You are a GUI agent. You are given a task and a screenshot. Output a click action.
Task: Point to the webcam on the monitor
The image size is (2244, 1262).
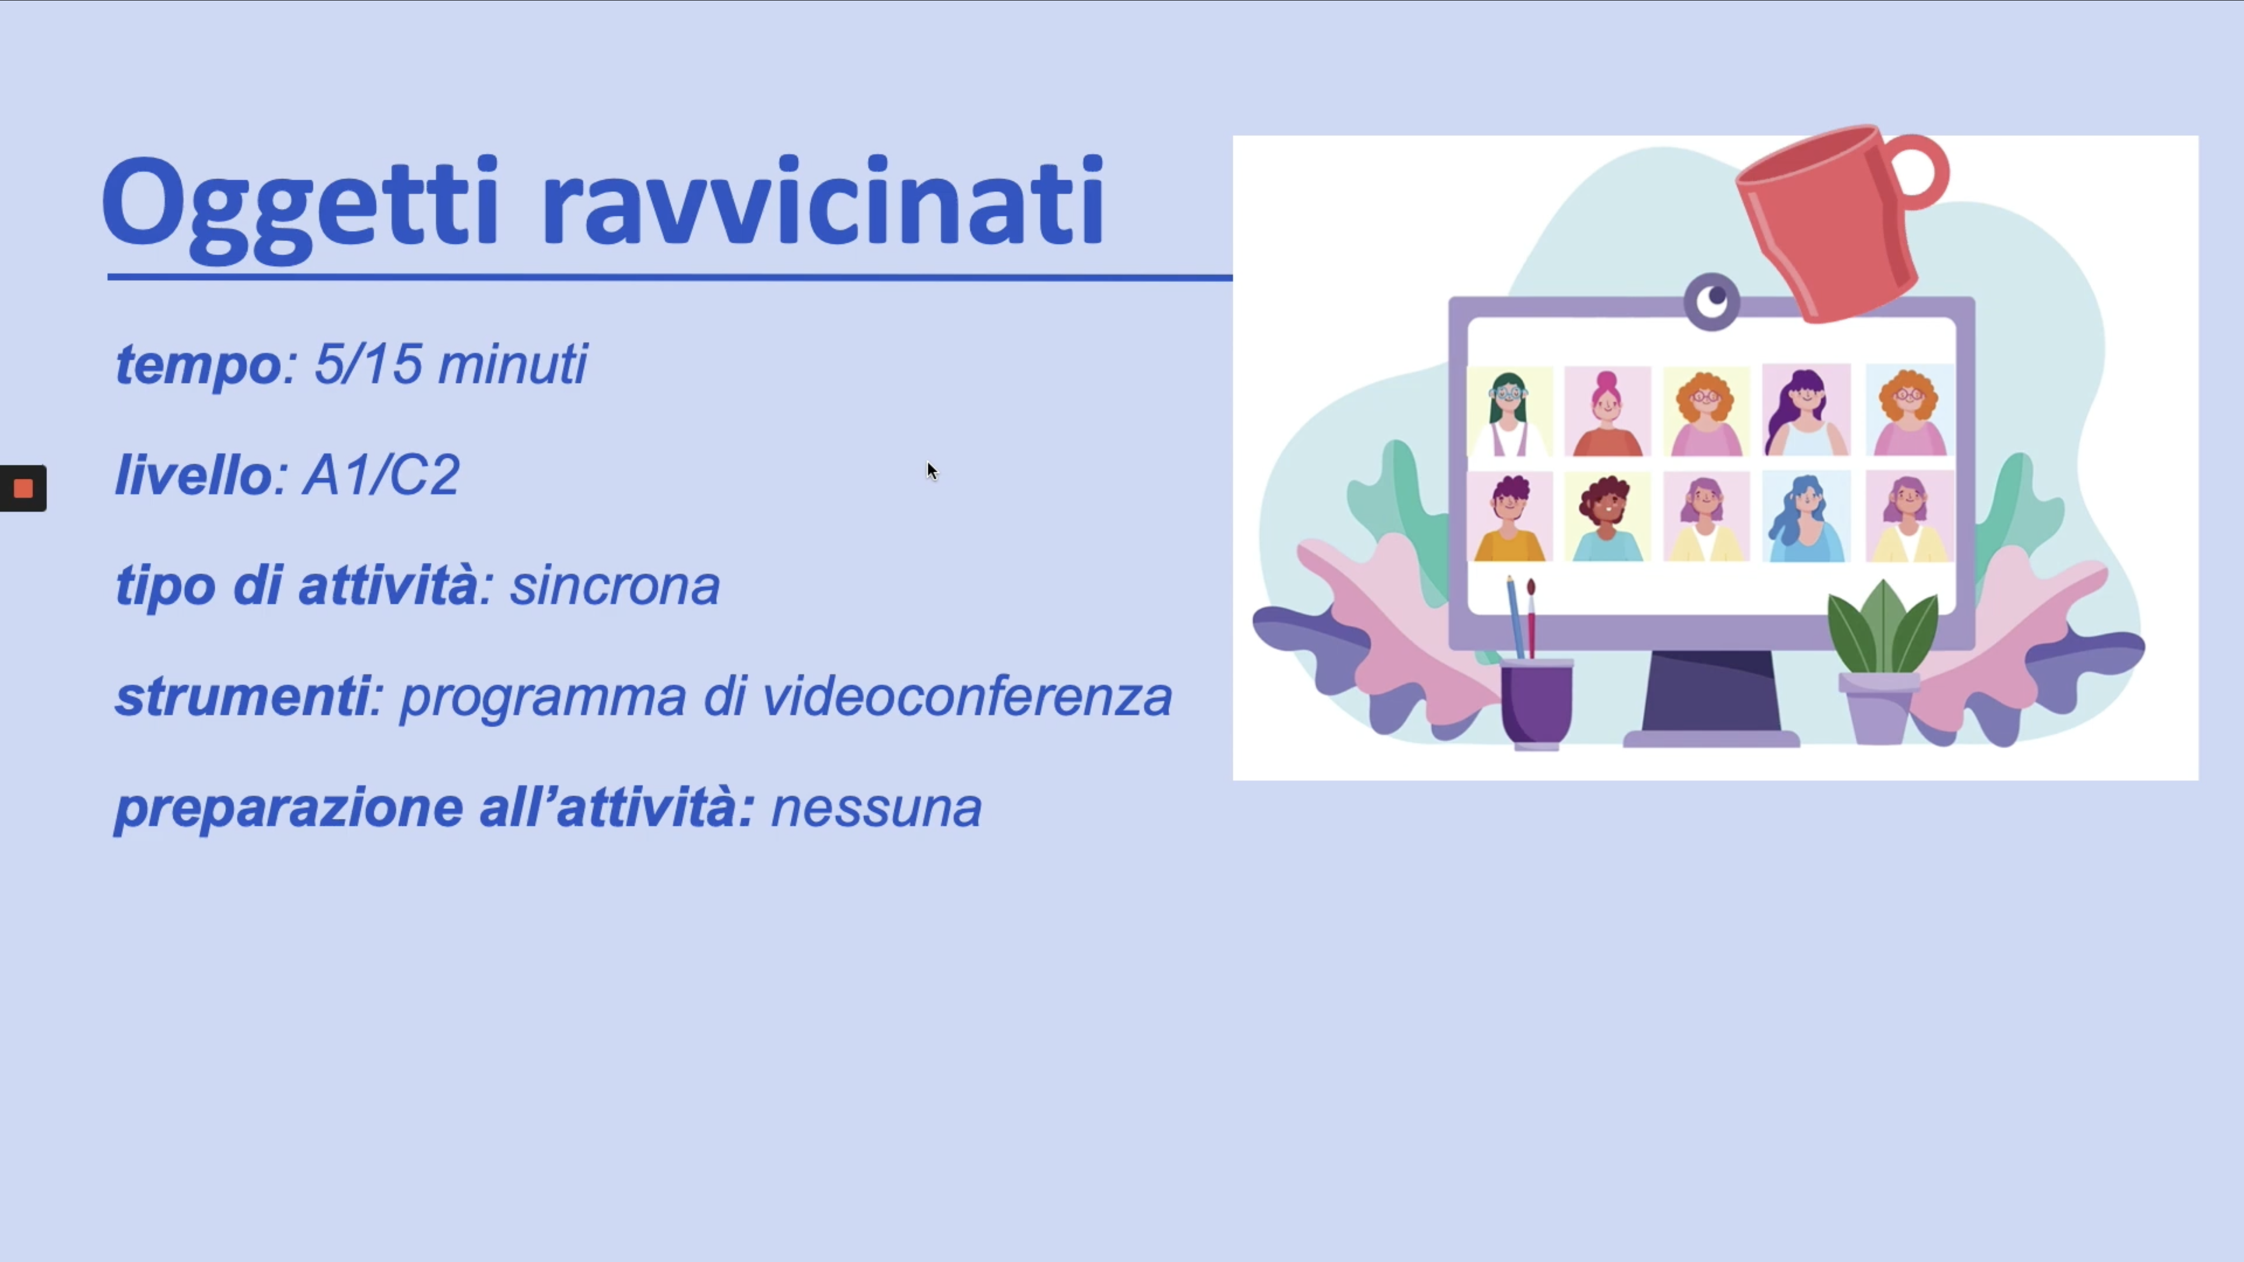click(1712, 301)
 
